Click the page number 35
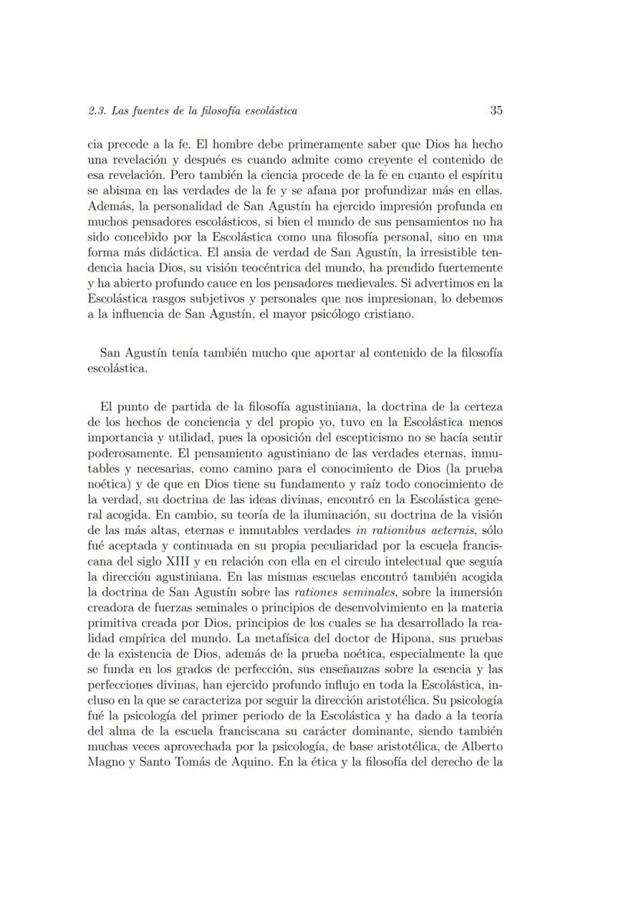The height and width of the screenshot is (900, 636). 495,111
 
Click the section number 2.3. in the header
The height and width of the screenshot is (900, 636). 98,111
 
